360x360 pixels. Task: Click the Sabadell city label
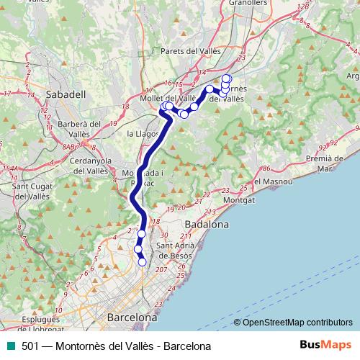click(66, 94)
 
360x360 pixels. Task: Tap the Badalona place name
click(207, 225)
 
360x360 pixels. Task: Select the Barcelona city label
click(132, 317)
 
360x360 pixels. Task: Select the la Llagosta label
click(142, 134)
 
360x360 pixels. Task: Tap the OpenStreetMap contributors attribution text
click(297, 322)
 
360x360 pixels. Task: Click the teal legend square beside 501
click(11, 346)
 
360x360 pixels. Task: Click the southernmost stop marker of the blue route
click(142, 262)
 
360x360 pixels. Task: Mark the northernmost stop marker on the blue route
click(227, 78)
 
